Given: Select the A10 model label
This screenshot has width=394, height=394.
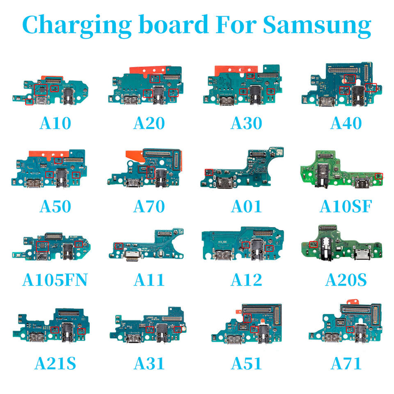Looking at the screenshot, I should coord(55,123).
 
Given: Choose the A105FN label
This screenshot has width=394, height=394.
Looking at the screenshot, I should coord(55,280).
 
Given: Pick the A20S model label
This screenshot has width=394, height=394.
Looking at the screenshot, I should coord(346,280).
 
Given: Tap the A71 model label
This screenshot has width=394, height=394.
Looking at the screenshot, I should coord(346,363).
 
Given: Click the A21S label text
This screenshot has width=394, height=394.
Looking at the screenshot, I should coord(55,363).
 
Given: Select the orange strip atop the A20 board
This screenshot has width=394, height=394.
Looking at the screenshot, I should coord(150,70).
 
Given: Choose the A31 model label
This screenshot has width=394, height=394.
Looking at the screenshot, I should coord(149,363).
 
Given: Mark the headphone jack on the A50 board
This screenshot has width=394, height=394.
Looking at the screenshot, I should coord(62,176).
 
